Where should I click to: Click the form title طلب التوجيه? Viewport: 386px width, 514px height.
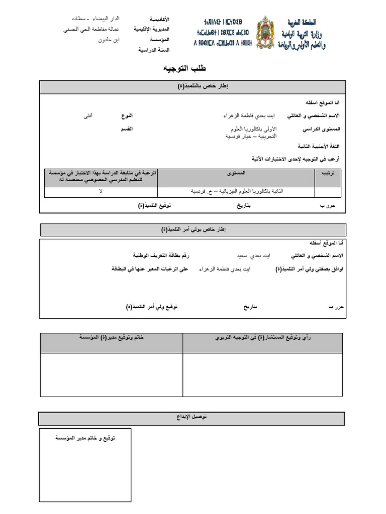click(x=184, y=68)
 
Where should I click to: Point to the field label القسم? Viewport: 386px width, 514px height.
click(x=126, y=129)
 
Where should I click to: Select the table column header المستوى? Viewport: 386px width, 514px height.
click(x=236, y=173)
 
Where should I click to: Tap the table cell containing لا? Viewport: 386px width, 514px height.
click(x=101, y=192)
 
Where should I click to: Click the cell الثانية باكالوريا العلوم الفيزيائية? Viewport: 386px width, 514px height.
click(x=237, y=192)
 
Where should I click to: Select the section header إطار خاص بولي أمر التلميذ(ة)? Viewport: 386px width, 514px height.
click(x=193, y=229)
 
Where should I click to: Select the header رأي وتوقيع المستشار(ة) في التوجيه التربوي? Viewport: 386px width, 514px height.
click(x=263, y=338)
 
